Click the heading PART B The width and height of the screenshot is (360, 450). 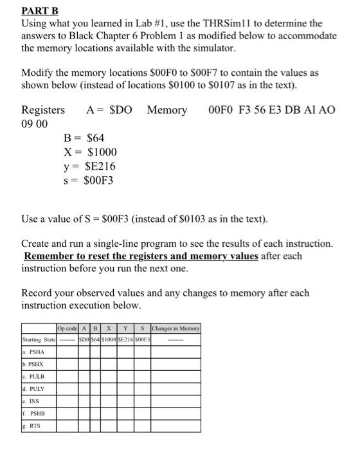click(x=40, y=10)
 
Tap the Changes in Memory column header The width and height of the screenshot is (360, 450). click(x=175, y=328)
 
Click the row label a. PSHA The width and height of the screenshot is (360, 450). click(x=35, y=352)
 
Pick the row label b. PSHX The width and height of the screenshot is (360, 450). click(x=35, y=364)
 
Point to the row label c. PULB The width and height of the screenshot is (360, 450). click(x=35, y=377)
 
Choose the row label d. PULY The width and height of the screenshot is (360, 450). click(x=35, y=389)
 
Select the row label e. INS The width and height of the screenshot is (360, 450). click(x=32, y=401)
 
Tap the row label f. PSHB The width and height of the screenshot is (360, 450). click(x=35, y=413)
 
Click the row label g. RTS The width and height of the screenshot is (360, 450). click(x=33, y=426)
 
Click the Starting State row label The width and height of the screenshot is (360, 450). click(x=39, y=339)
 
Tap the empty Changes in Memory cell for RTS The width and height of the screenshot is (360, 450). click(x=175, y=426)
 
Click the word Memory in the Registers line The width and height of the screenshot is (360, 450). click(x=167, y=110)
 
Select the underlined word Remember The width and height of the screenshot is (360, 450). click(x=50, y=256)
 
